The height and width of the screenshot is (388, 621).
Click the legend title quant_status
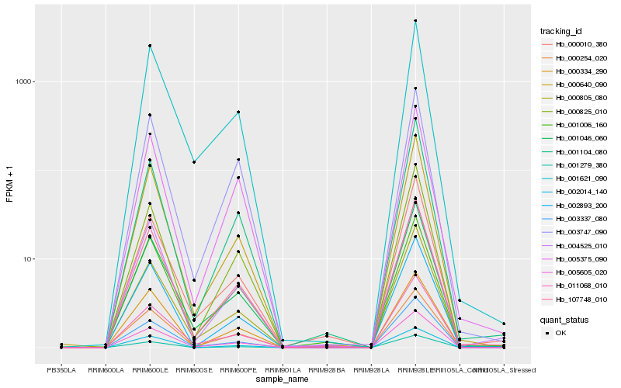pos(564,319)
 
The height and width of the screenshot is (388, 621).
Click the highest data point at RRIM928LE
pos(415,20)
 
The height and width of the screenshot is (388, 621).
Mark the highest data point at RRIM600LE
pos(150,46)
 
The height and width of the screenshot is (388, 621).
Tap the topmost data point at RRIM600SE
pos(194,162)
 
